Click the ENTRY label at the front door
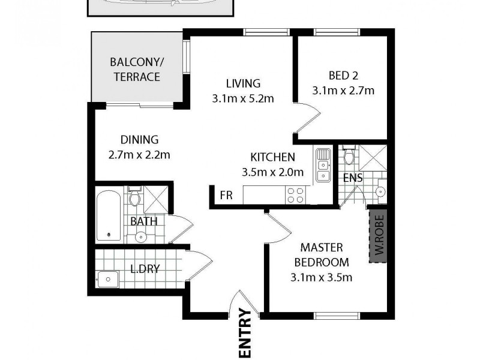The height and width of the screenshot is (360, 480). (245, 333)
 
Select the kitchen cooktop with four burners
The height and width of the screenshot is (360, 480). (296, 195)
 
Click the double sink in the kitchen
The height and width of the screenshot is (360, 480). (323, 165)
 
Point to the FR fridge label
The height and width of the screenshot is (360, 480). (226, 196)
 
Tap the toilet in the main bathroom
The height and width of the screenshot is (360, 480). (135, 196)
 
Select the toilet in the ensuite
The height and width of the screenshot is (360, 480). (349, 157)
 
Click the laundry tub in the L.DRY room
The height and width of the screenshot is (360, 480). (109, 279)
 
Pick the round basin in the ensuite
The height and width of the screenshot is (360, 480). (380, 191)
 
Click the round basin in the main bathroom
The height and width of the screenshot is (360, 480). (140, 236)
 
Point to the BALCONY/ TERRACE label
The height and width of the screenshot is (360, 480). (135, 70)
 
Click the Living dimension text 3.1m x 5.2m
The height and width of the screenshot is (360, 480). (243, 98)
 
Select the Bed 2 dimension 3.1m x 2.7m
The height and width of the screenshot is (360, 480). (343, 91)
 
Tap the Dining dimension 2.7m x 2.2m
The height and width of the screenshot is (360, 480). (139, 155)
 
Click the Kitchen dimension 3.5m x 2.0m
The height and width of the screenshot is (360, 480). (272, 172)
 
